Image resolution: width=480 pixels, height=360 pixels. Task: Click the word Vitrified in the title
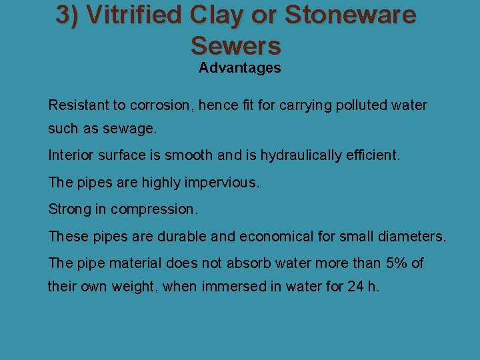click(x=124, y=15)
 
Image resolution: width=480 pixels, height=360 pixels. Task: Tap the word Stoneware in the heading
click(x=351, y=15)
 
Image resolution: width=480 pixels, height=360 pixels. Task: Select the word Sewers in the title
click(x=236, y=45)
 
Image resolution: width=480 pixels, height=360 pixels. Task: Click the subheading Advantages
click(x=239, y=68)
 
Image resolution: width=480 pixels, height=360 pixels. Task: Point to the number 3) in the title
click(x=68, y=15)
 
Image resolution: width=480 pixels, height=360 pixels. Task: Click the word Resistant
click(x=77, y=105)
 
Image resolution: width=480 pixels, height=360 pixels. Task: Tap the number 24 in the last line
click(x=355, y=288)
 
